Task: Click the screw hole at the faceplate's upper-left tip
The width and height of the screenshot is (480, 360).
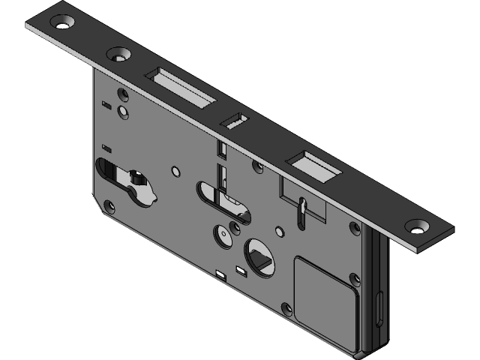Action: point(63,23)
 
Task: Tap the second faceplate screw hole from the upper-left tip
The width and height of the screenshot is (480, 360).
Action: point(118,55)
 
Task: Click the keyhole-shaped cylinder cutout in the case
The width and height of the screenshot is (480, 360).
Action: point(130,184)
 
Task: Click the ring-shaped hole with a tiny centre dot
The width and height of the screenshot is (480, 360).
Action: point(223,235)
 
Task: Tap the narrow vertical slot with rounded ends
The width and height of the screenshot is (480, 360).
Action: point(301,213)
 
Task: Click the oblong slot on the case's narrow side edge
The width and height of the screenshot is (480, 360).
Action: point(380,307)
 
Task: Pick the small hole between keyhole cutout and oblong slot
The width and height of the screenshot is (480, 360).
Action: point(175,172)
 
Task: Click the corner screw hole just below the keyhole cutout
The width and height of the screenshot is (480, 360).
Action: point(109,205)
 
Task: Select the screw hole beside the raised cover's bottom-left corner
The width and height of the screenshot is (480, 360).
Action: point(285,309)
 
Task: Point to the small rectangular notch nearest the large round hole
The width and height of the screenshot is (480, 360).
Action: point(240,268)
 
